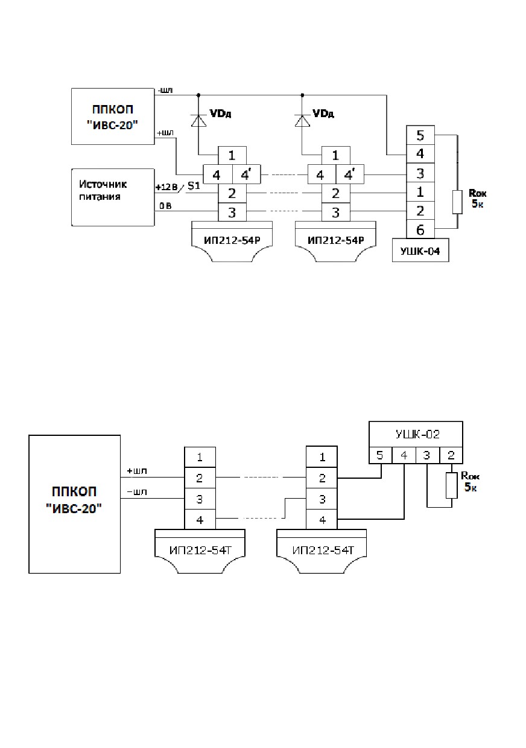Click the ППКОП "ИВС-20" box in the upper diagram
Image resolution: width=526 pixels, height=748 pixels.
point(113,117)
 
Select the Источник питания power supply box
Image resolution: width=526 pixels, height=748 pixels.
point(113,197)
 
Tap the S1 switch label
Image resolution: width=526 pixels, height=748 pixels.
point(194,186)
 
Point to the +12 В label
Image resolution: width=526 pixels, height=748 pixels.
point(166,187)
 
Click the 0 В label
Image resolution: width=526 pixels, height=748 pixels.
point(165,206)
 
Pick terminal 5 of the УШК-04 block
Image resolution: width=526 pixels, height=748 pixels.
point(420,135)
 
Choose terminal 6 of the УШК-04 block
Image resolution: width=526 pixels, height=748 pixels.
point(420,229)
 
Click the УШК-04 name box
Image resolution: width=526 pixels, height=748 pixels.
point(420,250)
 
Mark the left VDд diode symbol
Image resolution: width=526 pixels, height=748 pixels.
point(198,121)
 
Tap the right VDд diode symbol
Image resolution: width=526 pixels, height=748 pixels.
point(302,121)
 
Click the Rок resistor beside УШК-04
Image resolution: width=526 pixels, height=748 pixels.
point(457,202)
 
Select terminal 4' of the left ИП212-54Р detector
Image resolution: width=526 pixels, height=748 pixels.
point(246,174)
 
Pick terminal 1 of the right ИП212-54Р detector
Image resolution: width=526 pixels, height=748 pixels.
point(336,156)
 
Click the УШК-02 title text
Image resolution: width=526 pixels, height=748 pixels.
point(417,435)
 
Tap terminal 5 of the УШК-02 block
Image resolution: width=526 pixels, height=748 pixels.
point(380,455)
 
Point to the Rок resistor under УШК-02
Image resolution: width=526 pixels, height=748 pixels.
point(452,485)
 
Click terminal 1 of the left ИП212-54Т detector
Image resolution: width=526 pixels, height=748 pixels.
point(200,457)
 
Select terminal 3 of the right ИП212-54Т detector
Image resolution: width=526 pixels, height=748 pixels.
point(322,499)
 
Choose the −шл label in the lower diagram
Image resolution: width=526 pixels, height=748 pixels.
point(137,492)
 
